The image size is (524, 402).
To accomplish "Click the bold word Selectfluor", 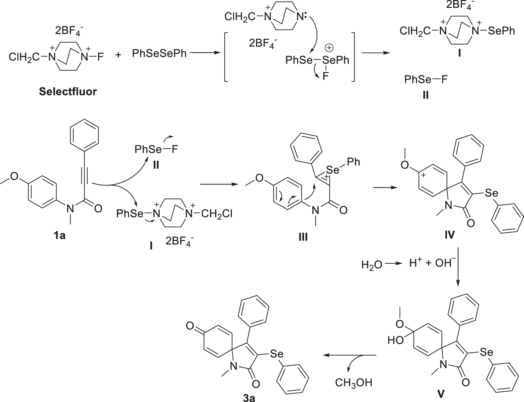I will click(x=68, y=91).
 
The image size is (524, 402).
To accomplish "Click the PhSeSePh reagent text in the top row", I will click(x=159, y=54).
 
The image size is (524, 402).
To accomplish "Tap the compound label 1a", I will click(x=60, y=235).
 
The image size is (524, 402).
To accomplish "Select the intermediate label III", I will click(x=303, y=237).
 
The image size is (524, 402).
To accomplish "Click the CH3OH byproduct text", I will click(x=354, y=382).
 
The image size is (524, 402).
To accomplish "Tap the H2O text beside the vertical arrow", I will click(x=371, y=264).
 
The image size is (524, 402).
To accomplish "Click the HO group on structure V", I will click(x=396, y=340).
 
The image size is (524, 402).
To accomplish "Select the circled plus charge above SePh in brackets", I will click(x=329, y=48).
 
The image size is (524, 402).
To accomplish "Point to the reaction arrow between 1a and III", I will click(x=219, y=184).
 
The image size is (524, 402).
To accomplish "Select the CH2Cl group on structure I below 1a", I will click(x=217, y=214).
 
